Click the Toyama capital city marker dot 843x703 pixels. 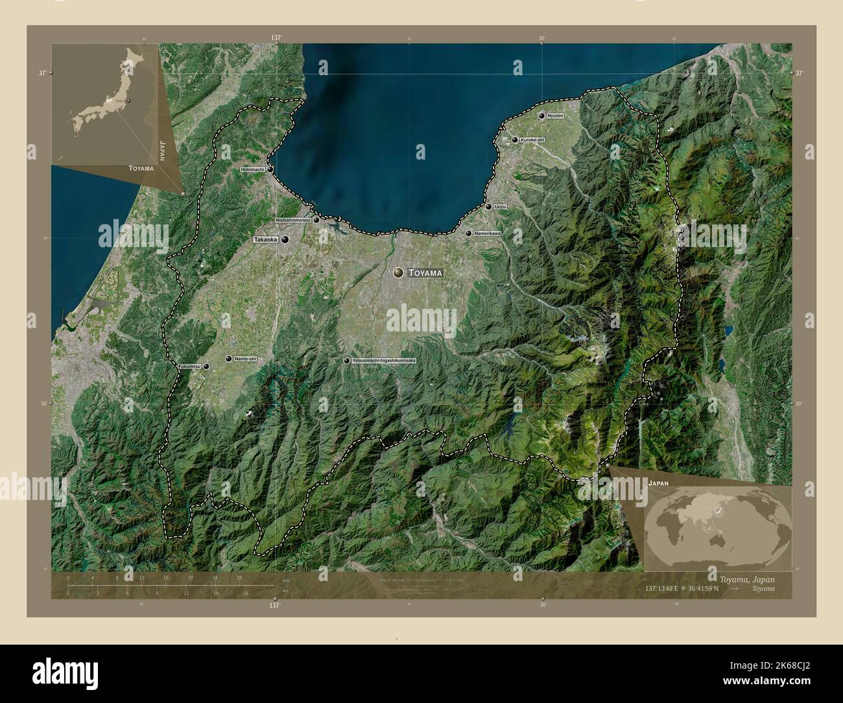click(397, 274)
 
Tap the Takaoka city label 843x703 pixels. click(266, 240)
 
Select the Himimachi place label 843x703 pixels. click(252, 169)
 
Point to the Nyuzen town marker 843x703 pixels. click(542, 115)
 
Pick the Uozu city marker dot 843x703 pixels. click(488, 207)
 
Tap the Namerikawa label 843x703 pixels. click(487, 233)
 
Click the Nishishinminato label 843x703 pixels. click(293, 220)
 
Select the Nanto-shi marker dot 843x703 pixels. click(228, 359)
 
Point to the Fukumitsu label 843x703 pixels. click(189, 366)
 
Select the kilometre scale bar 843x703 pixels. click(170, 586)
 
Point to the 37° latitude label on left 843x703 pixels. click(41, 73)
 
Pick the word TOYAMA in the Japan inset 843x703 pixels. click(141, 168)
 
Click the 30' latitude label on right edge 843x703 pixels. click(799, 403)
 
